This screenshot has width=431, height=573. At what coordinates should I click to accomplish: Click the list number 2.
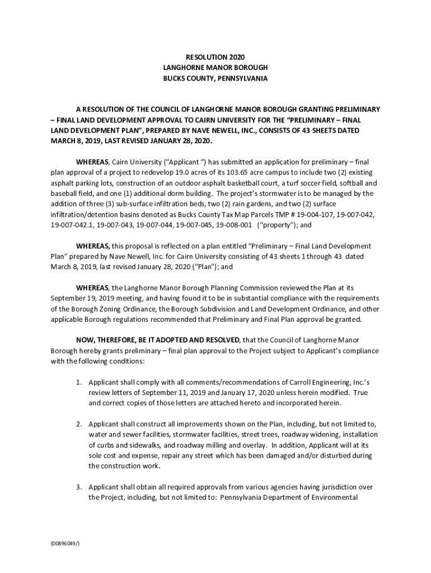coord(79,424)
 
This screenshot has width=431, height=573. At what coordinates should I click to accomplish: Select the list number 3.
coord(79,487)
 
